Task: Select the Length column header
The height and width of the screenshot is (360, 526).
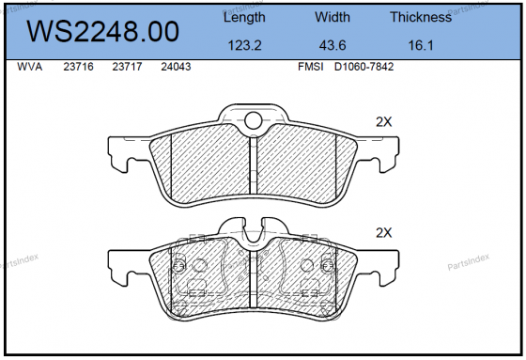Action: [x=244, y=18]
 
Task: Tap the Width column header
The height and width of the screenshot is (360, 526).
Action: [x=332, y=18]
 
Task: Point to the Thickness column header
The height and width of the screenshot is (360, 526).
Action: [x=420, y=18]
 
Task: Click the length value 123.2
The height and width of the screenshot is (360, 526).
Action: [x=244, y=45]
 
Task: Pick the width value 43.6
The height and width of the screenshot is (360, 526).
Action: [x=332, y=45]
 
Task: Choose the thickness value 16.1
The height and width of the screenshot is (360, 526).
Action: [x=420, y=45]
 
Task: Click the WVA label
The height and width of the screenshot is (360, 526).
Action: [x=31, y=68]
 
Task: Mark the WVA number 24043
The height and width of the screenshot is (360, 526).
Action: [x=176, y=68]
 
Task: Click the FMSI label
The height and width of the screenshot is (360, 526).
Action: [x=311, y=68]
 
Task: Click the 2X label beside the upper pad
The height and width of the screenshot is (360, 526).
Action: [x=382, y=122]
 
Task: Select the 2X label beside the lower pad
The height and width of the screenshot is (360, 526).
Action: [x=382, y=232]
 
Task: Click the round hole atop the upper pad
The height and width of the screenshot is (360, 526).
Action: [x=252, y=119]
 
